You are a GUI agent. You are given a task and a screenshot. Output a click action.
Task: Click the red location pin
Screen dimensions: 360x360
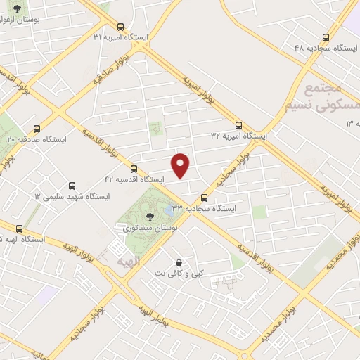pos(181,164)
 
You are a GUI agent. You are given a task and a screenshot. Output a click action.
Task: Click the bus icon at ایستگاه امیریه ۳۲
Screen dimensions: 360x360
pos(238,125)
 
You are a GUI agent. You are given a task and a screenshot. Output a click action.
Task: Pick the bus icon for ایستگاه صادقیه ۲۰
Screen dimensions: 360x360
pos(37,129)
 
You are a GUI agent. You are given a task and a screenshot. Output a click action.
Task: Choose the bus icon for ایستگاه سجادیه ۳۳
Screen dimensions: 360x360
pos(205,198)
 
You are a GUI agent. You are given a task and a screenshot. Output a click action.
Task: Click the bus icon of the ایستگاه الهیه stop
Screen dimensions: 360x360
pos(19,229)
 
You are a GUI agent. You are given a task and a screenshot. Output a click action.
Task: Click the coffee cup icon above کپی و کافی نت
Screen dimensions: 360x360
pos(179,261)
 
